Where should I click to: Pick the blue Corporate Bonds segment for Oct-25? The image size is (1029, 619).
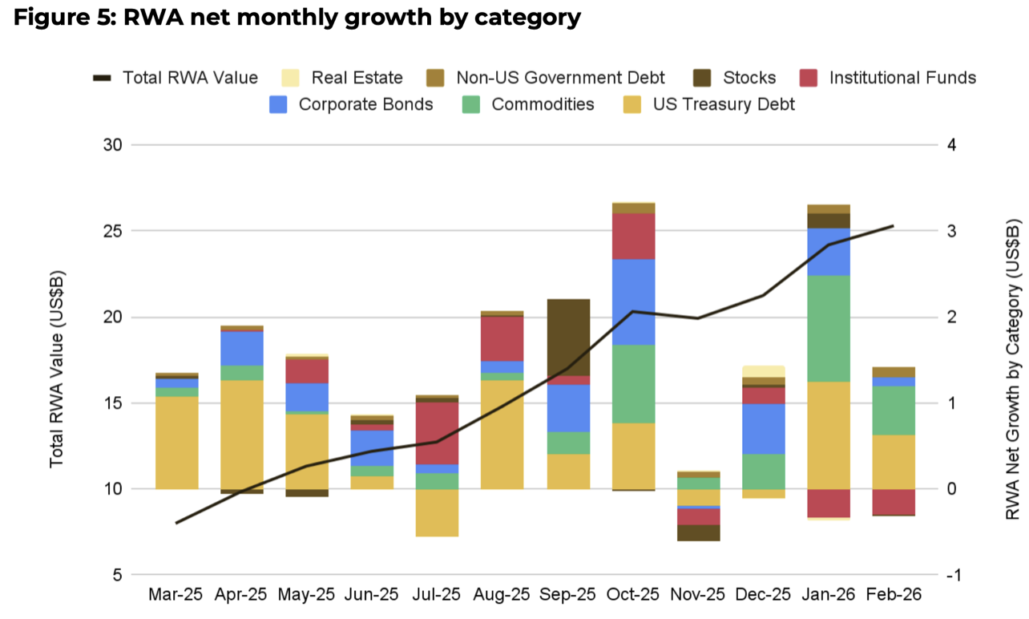click(634, 302)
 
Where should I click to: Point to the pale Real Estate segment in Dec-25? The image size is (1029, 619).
click(764, 371)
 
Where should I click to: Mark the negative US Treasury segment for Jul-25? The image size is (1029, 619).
click(437, 512)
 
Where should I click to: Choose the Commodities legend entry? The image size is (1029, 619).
click(543, 104)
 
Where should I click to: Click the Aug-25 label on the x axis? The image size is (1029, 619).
click(502, 595)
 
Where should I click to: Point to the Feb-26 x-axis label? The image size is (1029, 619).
click(894, 595)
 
